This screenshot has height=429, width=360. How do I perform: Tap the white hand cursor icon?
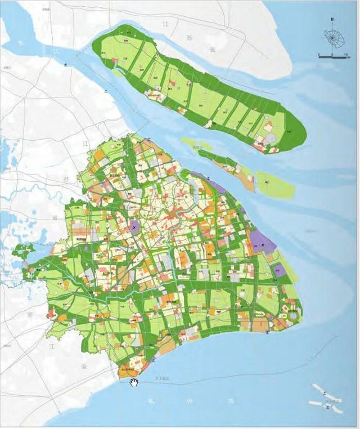(134, 383)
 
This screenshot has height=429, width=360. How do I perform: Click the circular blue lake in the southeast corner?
(292, 318)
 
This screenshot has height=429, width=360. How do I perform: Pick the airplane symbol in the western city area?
(134, 227)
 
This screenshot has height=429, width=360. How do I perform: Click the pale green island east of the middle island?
(275, 185)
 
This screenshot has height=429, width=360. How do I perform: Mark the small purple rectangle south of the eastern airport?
(280, 270)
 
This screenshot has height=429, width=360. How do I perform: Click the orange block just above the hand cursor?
(127, 370)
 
